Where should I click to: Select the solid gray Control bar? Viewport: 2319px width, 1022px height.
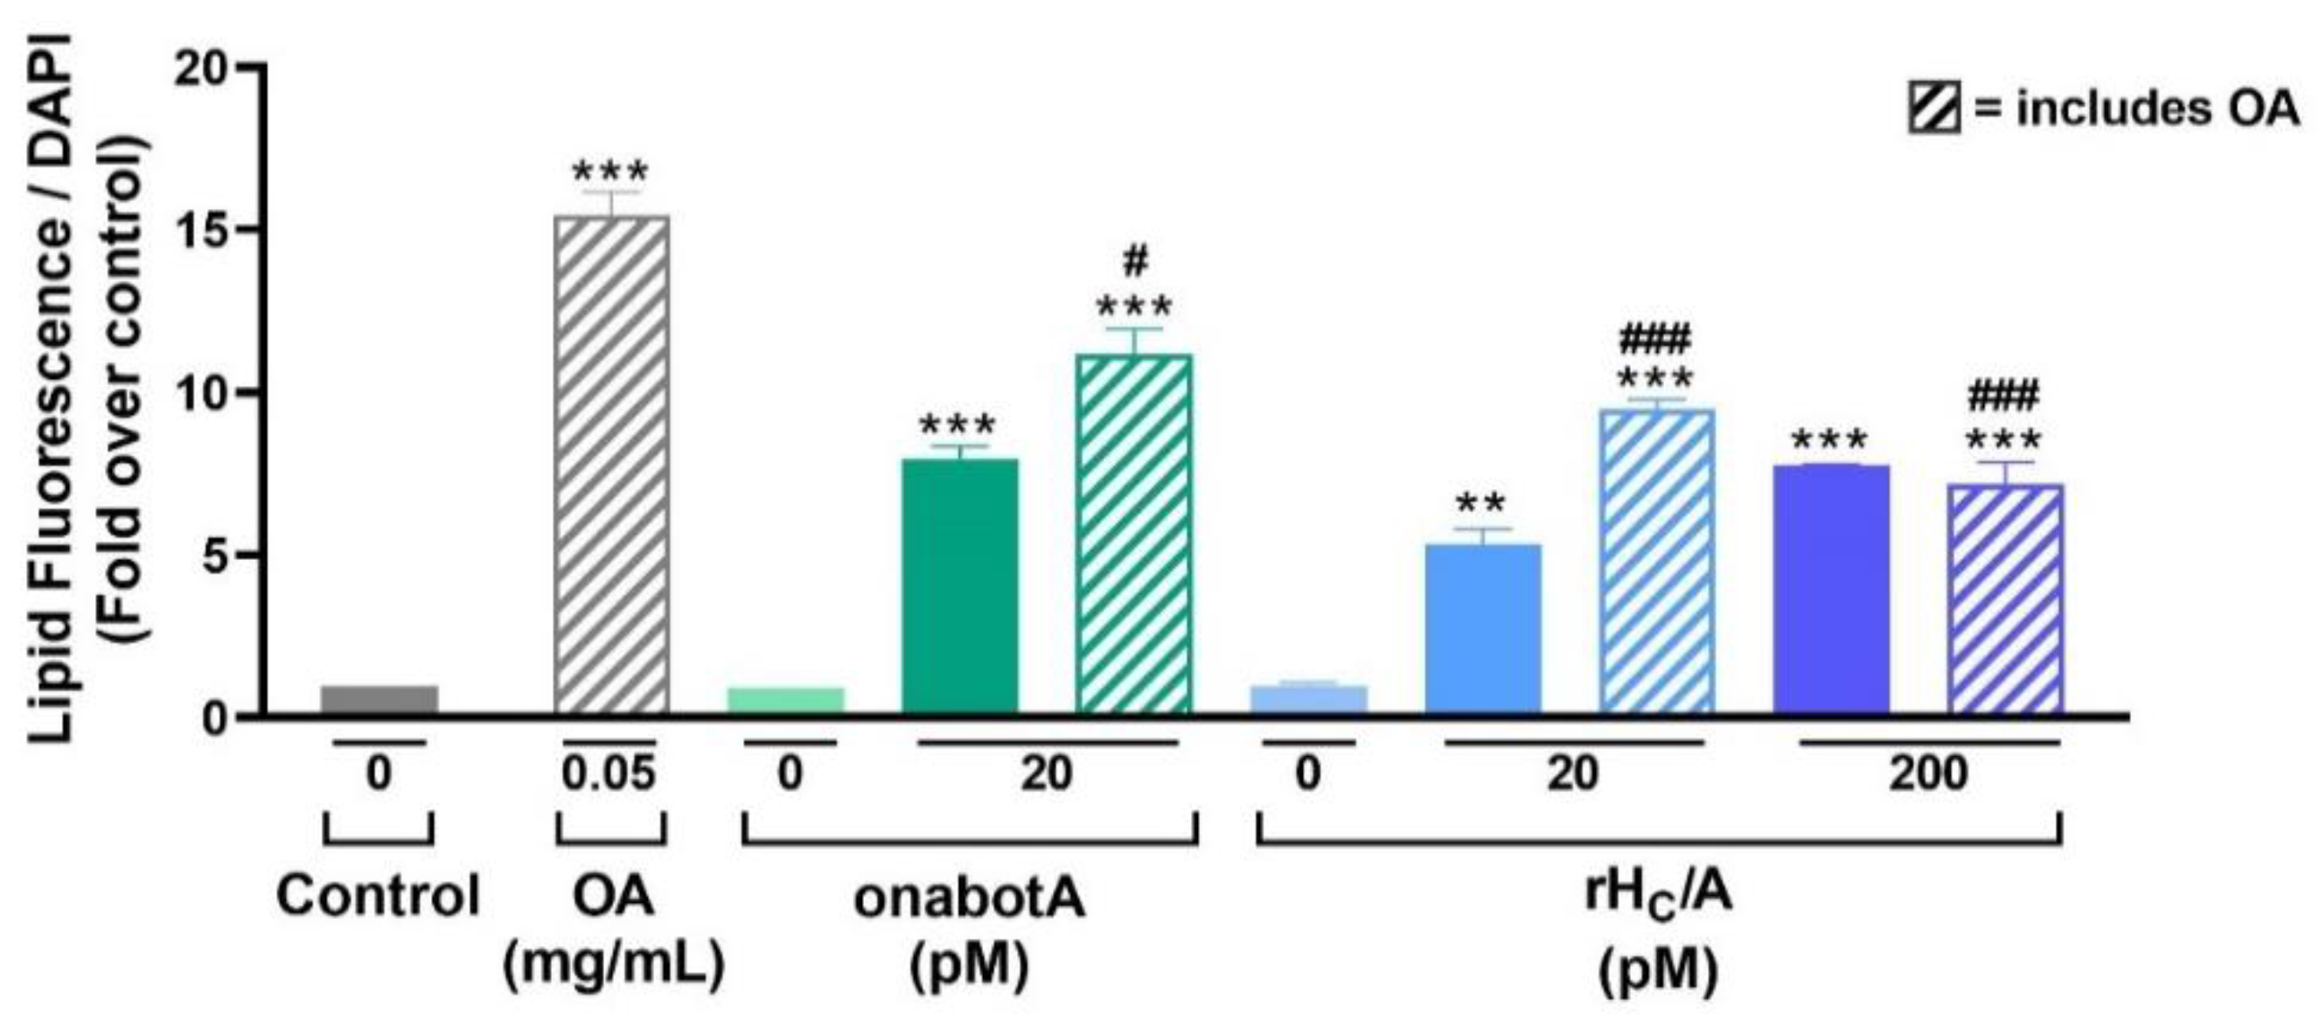tap(379, 699)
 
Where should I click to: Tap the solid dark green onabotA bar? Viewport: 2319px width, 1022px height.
tap(959, 585)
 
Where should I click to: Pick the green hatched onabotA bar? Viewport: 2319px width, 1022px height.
tap(1133, 533)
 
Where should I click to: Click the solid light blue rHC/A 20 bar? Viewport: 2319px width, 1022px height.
tap(1483, 627)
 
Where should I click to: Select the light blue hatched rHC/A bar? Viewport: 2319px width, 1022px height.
tap(1656, 560)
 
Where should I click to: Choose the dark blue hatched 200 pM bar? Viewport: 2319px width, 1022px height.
tap(2005, 598)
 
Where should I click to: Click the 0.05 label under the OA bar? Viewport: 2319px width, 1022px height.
tap(609, 773)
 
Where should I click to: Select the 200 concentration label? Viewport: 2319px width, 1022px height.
tap(1927, 773)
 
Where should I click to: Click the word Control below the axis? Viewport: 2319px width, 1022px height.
tap(378, 896)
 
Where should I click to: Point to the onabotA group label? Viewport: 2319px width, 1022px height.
tap(969, 898)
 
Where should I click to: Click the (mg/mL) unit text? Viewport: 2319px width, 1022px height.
tap(613, 966)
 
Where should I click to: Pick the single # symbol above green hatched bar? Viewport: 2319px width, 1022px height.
tap(1135, 262)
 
